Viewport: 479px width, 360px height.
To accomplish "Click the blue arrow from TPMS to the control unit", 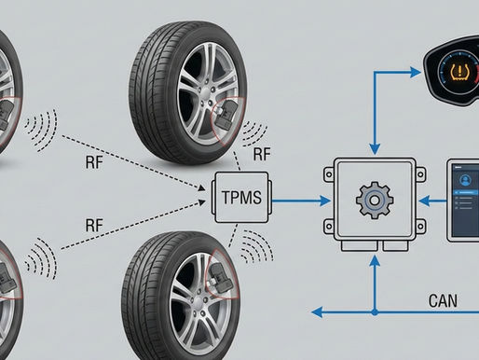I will click(298, 199).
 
